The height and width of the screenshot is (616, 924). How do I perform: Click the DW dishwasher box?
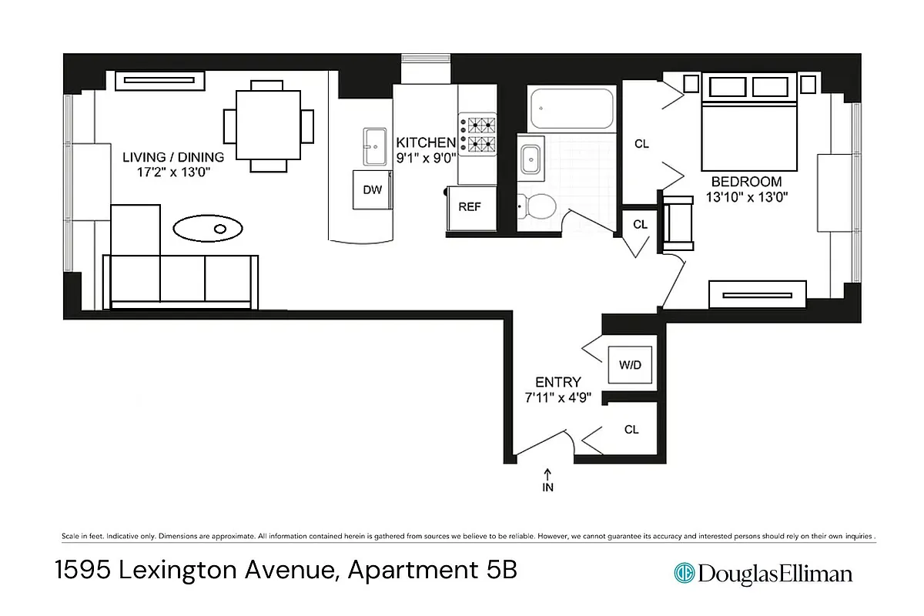[371, 190]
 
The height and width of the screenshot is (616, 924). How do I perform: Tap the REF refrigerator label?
[470, 206]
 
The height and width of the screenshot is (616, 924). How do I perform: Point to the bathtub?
[571, 110]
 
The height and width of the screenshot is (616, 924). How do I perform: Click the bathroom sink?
[531, 159]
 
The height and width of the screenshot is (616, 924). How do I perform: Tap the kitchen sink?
[377, 146]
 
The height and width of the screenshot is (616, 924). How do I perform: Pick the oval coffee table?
[208, 228]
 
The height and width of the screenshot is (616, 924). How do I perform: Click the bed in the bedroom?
[748, 123]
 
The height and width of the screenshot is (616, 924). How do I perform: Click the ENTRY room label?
[558, 382]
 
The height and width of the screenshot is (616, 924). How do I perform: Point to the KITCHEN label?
[426, 142]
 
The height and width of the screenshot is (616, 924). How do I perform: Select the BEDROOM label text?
[746, 182]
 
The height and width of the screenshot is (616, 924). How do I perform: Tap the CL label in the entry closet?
[631, 430]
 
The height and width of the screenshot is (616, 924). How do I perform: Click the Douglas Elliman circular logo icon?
[684, 573]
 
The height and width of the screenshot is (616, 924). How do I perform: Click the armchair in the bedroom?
[678, 223]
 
